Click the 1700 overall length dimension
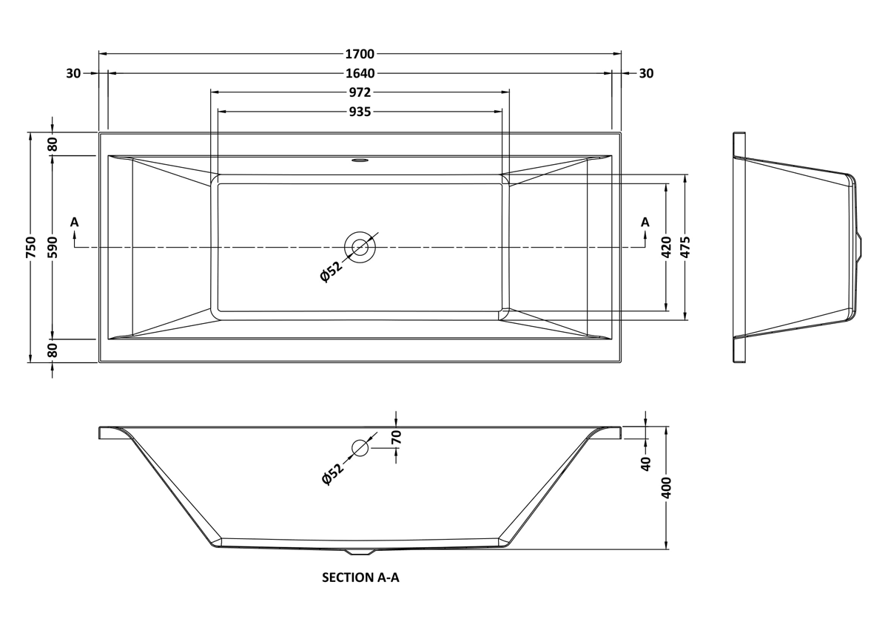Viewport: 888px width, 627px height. pyautogui.click(x=360, y=54)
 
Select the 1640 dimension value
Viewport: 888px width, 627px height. pyautogui.click(x=360, y=73)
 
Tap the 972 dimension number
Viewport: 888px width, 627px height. pyautogui.click(x=360, y=92)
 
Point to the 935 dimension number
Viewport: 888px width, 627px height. pyautogui.click(x=360, y=112)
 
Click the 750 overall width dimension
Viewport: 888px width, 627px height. pyautogui.click(x=31, y=247)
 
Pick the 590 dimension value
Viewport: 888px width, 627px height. pyautogui.click(x=53, y=247)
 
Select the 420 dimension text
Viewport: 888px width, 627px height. pyautogui.click(x=667, y=247)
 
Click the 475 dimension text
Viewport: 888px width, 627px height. pyautogui.click(x=686, y=247)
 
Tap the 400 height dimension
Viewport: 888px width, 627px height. pyautogui.click(x=667, y=488)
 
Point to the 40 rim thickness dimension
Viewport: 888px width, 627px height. pyautogui.click(x=646, y=464)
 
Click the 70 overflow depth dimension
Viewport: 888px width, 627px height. pyautogui.click(x=397, y=437)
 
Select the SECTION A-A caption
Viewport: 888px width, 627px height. pyautogui.click(x=360, y=577)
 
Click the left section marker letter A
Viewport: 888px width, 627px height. pyautogui.click(x=75, y=223)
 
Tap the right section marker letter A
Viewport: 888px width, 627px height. pyautogui.click(x=645, y=223)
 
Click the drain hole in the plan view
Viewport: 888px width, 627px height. pyautogui.click(x=360, y=247)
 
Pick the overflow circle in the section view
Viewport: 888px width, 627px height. pyautogui.click(x=360, y=448)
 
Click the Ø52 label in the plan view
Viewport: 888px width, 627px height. pyautogui.click(x=331, y=271)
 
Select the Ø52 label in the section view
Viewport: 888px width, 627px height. pyautogui.click(x=332, y=474)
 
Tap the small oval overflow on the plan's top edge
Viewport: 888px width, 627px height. pyautogui.click(x=360, y=160)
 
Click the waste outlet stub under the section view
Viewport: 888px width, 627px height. pyautogui.click(x=360, y=552)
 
